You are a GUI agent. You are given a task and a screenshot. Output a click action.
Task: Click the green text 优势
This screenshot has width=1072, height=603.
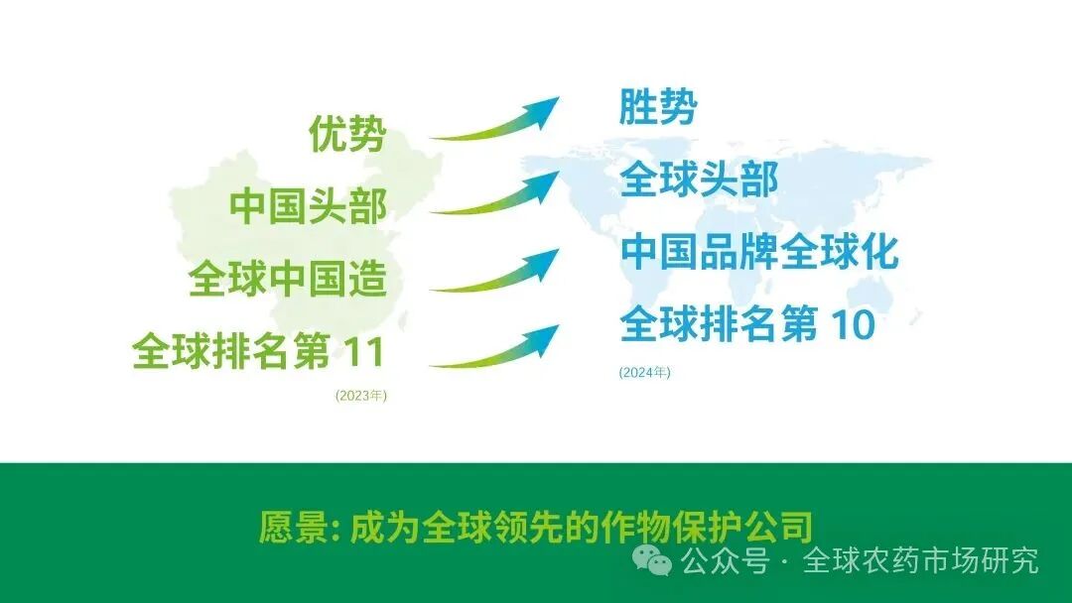tap(346, 134)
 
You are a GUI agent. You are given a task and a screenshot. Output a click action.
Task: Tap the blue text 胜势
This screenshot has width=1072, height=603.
tap(657, 107)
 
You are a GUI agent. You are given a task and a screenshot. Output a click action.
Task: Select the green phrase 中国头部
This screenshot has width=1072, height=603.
tap(308, 206)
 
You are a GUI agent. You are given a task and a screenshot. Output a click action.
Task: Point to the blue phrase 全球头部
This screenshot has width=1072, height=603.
tap(699, 180)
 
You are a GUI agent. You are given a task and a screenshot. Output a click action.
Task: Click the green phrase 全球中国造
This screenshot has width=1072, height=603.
tap(288, 279)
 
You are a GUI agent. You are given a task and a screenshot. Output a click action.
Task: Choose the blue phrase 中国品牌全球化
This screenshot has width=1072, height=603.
tap(759, 252)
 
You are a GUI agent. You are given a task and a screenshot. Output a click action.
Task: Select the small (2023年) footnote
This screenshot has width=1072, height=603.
tap(361, 396)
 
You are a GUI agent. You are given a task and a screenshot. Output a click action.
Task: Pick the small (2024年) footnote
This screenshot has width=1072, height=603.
tap(645, 373)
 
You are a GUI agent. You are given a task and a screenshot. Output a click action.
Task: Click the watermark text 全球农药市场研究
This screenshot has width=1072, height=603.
tap(920, 560)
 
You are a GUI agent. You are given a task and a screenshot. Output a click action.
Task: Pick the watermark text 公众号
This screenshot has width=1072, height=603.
tap(726, 560)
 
